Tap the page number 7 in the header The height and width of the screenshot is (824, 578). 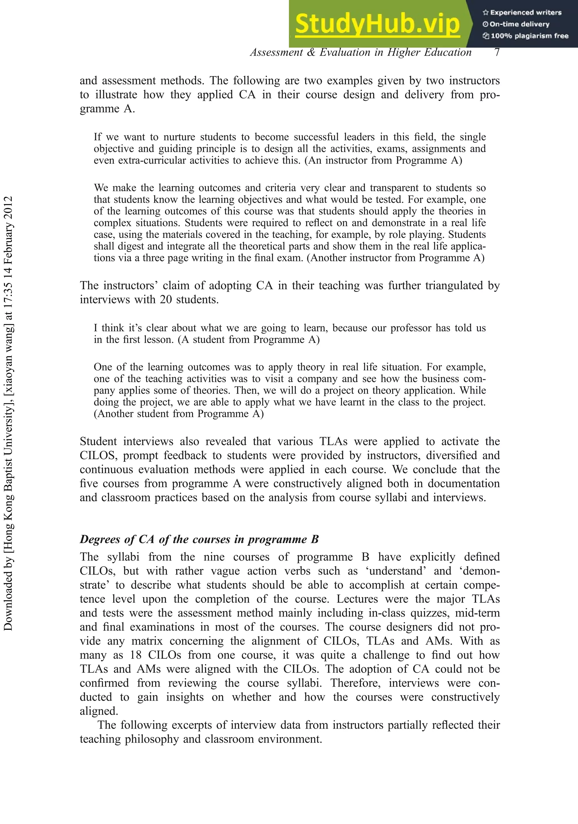click(x=497, y=53)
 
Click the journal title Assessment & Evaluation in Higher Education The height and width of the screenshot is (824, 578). click(x=361, y=53)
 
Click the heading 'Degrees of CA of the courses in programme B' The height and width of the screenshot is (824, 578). click(x=199, y=539)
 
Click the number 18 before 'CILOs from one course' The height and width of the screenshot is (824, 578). click(x=136, y=655)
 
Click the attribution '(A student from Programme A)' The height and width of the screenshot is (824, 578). click(x=249, y=340)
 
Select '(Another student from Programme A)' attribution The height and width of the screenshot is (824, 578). click(x=179, y=414)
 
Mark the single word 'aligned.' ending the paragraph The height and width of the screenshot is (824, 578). click(x=99, y=711)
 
